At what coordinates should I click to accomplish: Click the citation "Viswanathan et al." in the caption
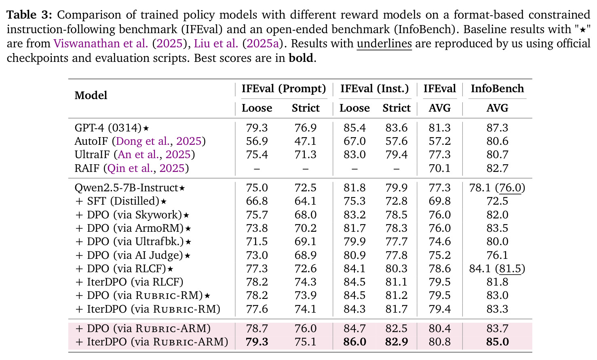101,43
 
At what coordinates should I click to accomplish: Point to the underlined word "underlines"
384,44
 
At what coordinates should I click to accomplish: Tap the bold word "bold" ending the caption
301,58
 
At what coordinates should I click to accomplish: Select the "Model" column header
91,95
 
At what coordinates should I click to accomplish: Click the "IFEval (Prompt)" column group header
284,89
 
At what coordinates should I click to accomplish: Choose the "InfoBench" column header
497,89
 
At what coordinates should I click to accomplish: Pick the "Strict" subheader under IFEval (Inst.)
396,108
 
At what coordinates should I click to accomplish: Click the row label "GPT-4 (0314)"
108,128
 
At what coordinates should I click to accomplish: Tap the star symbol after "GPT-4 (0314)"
146,128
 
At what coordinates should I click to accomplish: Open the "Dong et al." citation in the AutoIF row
143,141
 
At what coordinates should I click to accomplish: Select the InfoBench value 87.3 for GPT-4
497,128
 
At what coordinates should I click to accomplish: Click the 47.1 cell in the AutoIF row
306,141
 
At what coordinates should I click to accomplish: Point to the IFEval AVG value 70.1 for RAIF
439,168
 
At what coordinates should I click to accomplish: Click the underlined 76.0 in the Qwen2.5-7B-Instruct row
511,188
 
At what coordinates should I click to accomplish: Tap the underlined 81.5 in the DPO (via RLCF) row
511,269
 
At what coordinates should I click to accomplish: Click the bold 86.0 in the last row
354,342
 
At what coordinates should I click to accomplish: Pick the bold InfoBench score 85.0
497,342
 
